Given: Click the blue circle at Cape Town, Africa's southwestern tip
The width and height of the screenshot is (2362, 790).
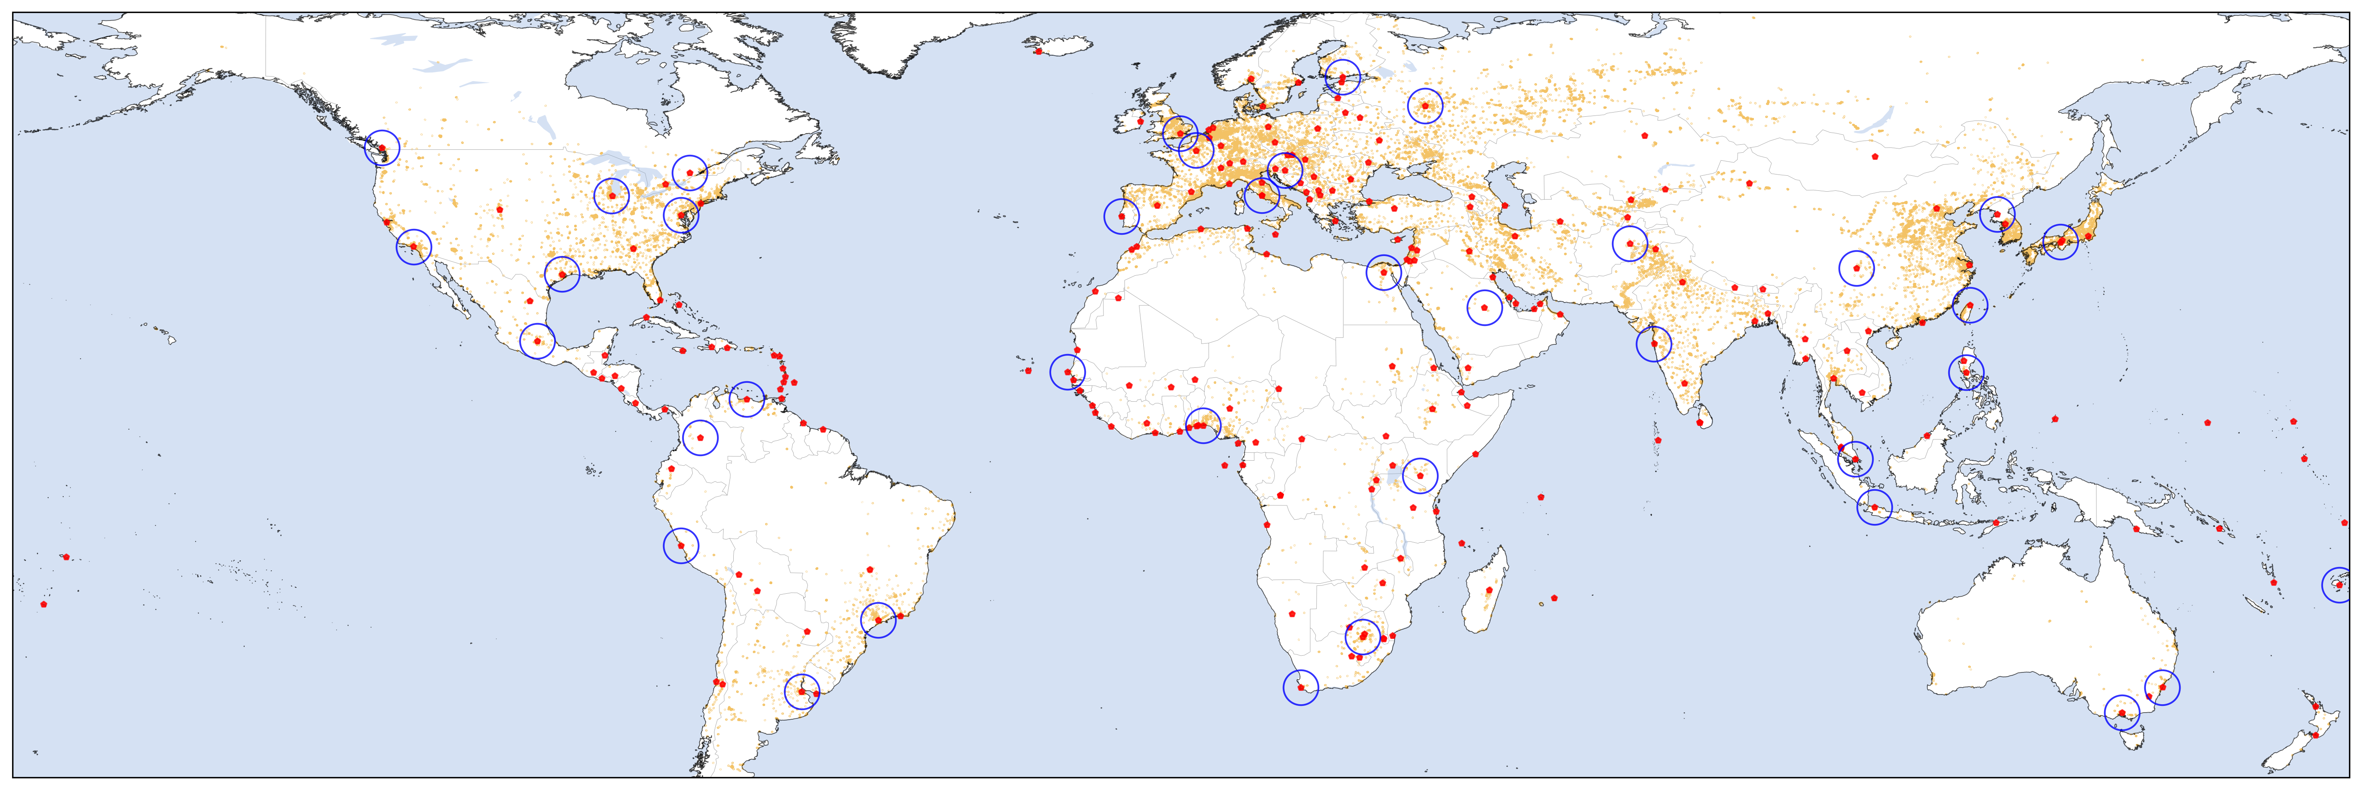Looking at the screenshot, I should point(1300,687).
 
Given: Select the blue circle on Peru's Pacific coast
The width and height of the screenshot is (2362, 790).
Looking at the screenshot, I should point(681,546).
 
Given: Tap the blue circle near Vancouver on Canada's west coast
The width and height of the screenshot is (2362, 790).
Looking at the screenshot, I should point(382,146).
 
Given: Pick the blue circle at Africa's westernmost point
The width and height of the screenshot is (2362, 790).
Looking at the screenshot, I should point(1068,372).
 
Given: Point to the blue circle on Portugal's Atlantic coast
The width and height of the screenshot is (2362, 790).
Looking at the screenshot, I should point(1122,216).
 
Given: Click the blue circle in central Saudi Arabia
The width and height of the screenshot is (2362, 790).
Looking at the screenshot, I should point(1485,308).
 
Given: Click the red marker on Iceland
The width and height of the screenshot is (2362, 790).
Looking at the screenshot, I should point(1037,51).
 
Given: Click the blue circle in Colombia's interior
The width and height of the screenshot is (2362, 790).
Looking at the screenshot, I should point(701,438).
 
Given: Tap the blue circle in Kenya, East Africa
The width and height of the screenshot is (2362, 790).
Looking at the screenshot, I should point(1419,476).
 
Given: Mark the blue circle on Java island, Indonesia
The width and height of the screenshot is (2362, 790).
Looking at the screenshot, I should point(1874,507).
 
